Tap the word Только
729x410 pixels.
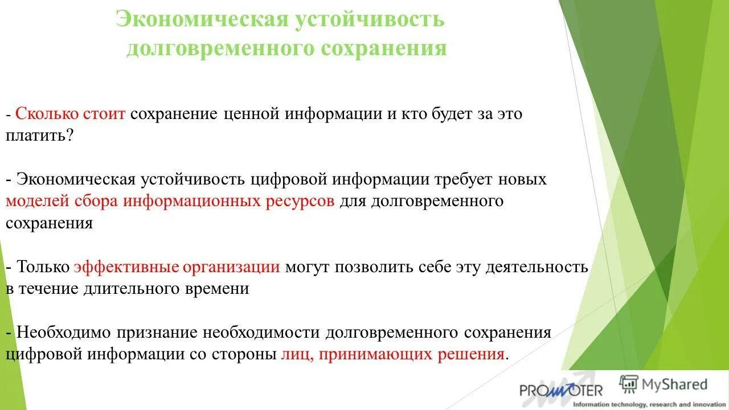[x=43, y=266]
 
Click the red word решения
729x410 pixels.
[x=470, y=354]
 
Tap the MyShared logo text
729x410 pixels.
[x=674, y=384]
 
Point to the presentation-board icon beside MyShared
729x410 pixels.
[x=629, y=384]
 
